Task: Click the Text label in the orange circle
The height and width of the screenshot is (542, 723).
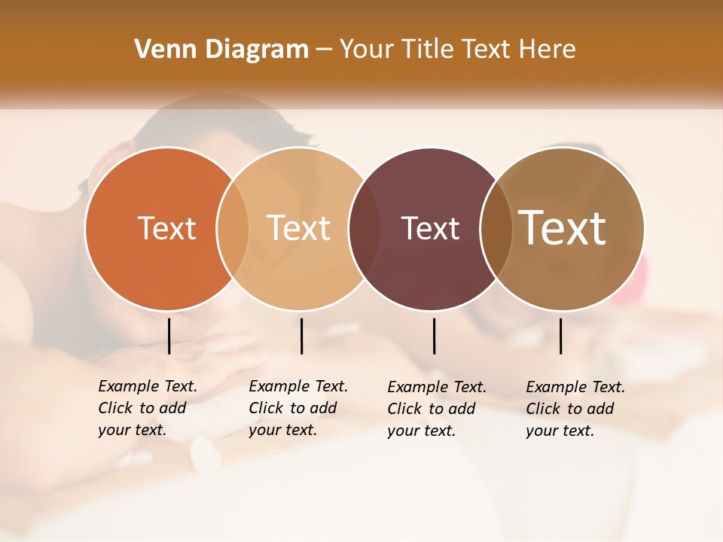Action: tap(166, 228)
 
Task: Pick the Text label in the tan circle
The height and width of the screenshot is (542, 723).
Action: tap(299, 228)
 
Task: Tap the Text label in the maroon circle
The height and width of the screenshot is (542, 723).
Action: tap(430, 228)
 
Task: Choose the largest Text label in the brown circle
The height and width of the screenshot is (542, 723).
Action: tap(563, 227)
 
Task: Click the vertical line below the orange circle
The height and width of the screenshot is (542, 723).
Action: tap(169, 336)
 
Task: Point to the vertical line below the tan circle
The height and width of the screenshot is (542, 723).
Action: tap(301, 336)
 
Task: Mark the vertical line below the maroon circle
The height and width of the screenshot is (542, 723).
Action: tap(434, 336)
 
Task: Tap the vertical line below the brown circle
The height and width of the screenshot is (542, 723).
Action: tap(561, 336)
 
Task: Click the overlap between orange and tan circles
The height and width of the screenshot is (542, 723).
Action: tap(233, 228)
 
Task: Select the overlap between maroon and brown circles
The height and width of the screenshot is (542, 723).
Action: tap(496, 228)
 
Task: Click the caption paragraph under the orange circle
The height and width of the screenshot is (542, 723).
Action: tap(148, 408)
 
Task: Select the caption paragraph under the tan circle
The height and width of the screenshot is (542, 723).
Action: tap(298, 408)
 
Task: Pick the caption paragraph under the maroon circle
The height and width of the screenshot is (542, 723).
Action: tap(437, 409)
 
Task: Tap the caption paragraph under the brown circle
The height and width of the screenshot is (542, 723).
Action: tap(575, 409)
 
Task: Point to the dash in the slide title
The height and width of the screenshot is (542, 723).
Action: tap(324, 50)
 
